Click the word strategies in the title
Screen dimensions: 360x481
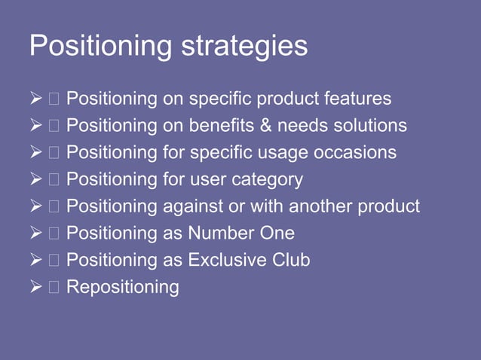(245, 47)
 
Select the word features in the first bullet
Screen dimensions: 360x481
(357, 99)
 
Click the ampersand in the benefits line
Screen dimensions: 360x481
(268, 126)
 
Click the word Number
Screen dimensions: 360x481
(220, 233)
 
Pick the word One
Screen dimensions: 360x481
(277, 233)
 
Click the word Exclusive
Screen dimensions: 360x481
(227, 260)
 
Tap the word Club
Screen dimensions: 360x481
(291, 260)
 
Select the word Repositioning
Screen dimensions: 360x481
(123, 287)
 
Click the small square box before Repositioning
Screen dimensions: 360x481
(55, 287)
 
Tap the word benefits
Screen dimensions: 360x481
(224, 126)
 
